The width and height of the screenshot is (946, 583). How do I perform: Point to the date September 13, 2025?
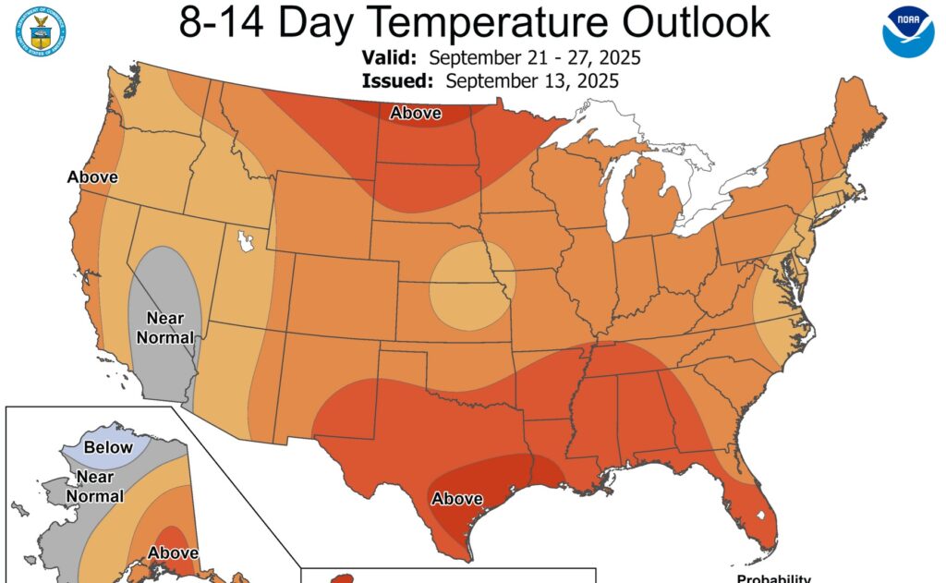[531, 80]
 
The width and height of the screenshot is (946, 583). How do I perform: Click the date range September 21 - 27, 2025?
[535, 57]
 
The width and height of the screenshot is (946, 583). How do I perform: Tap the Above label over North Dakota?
[415, 114]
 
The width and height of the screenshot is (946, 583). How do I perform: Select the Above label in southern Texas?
[457, 499]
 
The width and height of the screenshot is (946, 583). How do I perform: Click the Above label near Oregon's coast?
[92, 176]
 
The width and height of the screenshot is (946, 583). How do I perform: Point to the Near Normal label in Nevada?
[165, 328]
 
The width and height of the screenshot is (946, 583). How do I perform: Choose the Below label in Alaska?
[109, 447]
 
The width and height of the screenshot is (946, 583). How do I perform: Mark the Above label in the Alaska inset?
[173, 553]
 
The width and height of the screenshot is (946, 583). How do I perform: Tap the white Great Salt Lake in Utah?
[245, 242]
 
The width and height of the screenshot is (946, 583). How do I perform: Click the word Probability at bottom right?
[773, 578]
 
